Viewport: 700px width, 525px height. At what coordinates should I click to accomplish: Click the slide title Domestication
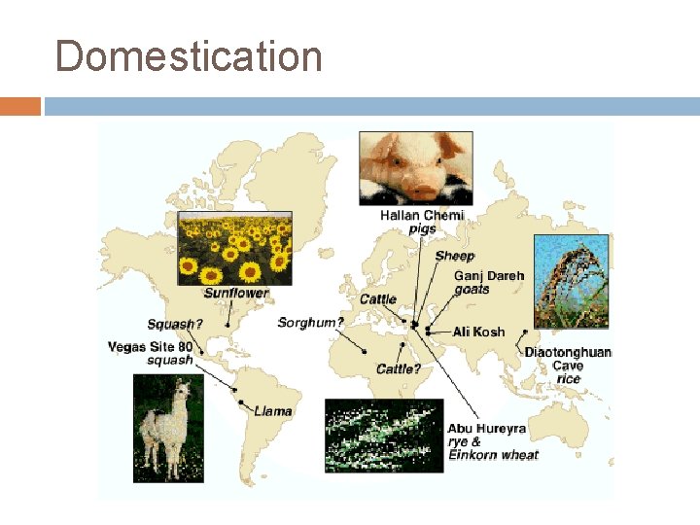tap(189, 56)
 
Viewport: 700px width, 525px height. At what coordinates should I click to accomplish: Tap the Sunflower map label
tap(236, 293)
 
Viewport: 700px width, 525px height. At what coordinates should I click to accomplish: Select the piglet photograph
tap(415, 167)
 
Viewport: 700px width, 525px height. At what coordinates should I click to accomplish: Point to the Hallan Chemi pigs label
tap(422, 222)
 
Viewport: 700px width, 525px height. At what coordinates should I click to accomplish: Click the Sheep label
tap(455, 256)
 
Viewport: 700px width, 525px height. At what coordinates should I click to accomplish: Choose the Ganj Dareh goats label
tap(488, 282)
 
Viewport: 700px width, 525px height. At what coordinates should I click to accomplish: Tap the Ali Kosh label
tap(478, 332)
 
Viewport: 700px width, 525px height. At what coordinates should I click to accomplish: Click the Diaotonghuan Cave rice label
tap(568, 365)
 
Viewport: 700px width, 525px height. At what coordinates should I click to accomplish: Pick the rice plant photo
tap(571, 280)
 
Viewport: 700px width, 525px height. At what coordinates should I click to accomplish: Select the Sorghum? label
tap(311, 322)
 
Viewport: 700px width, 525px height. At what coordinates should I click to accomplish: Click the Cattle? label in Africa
tap(399, 369)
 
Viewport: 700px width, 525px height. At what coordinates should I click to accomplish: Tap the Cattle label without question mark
tap(378, 298)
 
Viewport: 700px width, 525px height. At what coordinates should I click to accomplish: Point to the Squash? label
tap(176, 324)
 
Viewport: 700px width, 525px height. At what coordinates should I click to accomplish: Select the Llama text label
tap(273, 411)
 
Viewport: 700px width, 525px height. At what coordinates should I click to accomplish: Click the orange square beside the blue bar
tap(20, 106)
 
